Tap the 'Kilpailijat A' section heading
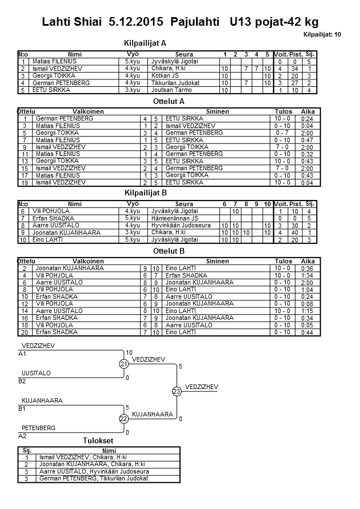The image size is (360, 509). pyautogui.click(x=145, y=43)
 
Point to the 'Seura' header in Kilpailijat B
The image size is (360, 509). pyautogui.click(x=184, y=204)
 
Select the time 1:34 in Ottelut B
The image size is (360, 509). pyautogui.click(x=307, y=275)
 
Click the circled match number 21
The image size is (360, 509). pyautogui.click(x=123, y=364)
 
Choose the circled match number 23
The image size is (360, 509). pyautogui.click(x=176, y=391)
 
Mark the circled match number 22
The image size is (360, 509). pyautogui.click(x=123, y=419)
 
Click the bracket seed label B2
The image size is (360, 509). pyautogui.click(x=22, y=380)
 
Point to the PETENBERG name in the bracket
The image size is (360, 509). pyautogui.click(x=39, y=427)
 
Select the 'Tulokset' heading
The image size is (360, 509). pyautogui.click(x=98, y=440)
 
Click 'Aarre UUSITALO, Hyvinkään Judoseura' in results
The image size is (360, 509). pyautogui.click(x=94, y=471)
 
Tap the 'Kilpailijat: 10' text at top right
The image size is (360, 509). pyautogui.click(x=322, y=35)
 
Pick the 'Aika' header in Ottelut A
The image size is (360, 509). pyautogui.click(x=307, y=111)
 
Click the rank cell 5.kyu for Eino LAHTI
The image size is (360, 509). pyautogui.click(x=132, y=240)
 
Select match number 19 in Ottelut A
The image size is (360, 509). pyautogui.click(x=25, y=182)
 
